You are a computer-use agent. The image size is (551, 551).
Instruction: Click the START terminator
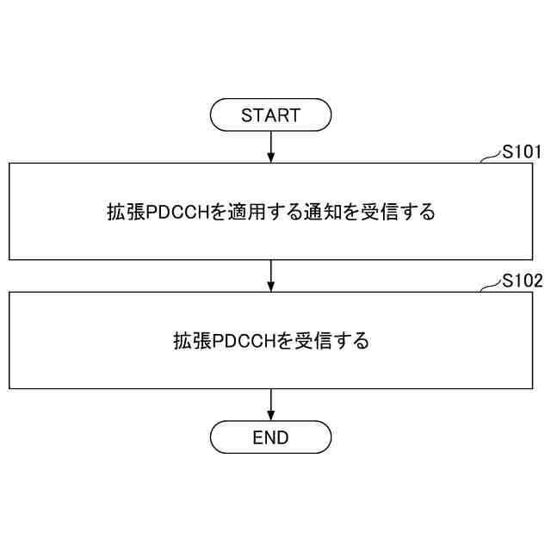[x=271, y=115]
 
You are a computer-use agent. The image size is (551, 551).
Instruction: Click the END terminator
[x=271, y=437]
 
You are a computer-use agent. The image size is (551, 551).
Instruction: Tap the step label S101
[x=522, y=153]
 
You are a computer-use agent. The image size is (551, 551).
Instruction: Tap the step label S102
[x=522, y=282]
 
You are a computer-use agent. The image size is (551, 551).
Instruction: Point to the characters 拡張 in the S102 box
[x=191, y=341]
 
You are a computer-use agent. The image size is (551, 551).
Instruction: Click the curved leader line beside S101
[x=490, y=158]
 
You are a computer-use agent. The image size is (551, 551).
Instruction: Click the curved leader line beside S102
[x=490, y=287]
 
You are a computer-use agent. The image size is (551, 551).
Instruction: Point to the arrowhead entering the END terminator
[x=271, y=415]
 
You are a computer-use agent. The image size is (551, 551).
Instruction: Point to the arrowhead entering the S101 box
[x=271, y=158]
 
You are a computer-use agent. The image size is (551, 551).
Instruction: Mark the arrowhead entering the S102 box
[x=271, y=287]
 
